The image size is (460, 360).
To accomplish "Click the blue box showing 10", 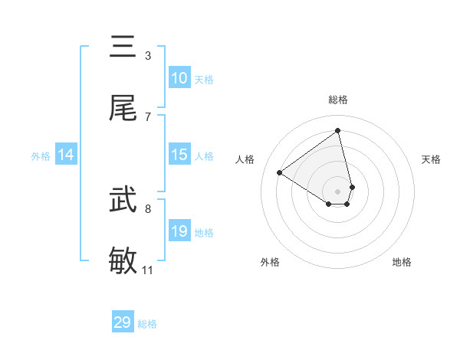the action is tap(179, 78).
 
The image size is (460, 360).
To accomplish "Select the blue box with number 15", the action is tap(179, 155).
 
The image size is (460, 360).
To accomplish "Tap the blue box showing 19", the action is tap(179, 231).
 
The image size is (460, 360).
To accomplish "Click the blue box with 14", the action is tap(66, 155).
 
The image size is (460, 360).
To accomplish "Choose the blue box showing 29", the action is tap(123, 322).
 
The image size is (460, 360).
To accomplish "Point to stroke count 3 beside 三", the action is tap(148, 55).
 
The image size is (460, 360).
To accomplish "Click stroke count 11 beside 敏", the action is tap(148, 270).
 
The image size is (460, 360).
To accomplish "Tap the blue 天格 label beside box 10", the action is tap(203, 80).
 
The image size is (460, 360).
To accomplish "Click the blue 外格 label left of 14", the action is tap(41, 156).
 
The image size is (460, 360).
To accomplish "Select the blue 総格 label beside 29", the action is tap(147, 324).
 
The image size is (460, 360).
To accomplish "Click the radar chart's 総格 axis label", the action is tap(338, 100).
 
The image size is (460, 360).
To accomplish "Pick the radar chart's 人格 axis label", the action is tap(245, 159).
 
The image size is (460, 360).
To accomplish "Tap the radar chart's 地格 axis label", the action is tap(402, 262).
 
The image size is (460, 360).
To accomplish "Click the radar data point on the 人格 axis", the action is tap(279, 173).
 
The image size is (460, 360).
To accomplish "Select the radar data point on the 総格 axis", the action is tap(338, 130).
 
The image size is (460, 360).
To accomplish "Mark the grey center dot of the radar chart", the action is tap(338, 191).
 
